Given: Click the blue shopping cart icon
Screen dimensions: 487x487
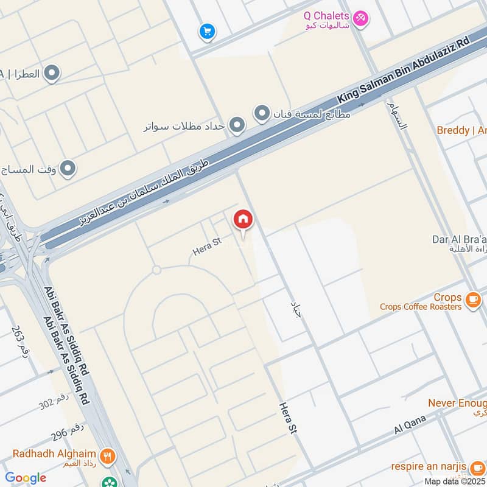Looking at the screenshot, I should point(207,31).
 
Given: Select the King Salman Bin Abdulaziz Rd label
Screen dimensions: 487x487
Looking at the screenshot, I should point(404,69).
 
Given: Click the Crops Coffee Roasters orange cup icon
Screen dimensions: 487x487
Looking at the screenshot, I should point(473,300).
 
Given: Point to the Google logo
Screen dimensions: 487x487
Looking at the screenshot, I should point(25,478).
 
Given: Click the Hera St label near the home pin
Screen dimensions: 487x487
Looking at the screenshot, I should point(206,246).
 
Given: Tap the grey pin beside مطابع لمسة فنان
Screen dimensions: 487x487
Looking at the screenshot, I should point(262,113).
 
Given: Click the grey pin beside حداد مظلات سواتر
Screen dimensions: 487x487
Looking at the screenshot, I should point(237,126).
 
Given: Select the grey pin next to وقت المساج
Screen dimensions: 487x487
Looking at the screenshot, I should point(68,169).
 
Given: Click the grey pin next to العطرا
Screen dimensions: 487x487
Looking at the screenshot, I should point(52,74).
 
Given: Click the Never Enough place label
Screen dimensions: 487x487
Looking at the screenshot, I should point(457,403).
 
